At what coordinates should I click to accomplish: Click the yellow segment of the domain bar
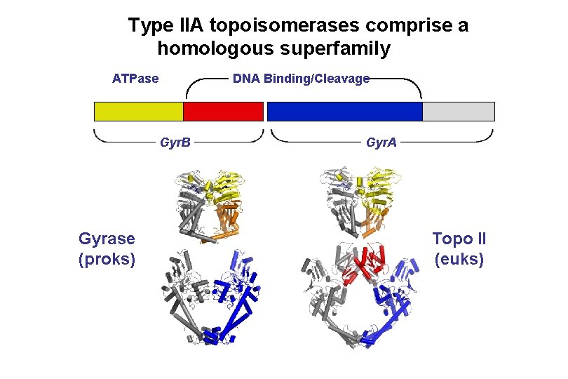pyautogui.click(x=138, y=112)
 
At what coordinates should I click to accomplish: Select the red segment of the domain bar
pyautogui.click(x=223, y=112)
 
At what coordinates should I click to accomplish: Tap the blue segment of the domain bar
pyautogui.click(x=344, y=112)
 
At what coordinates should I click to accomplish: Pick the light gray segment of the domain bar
pyautogui.click(x=458, y=112)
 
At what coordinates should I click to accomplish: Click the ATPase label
pyautogui.click(x=135, y=78)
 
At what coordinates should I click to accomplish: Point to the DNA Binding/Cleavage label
pyautogui.click(x=301, y=79)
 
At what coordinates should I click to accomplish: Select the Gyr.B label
pyautogui.click(x=175, y=143)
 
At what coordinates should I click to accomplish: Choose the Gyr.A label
pyautogui.click(x=381, y=143)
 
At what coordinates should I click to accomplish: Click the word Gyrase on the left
pyautogui.click(x=107, y=239)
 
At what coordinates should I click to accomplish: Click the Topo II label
pyautogui.click(x=459, y=239)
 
